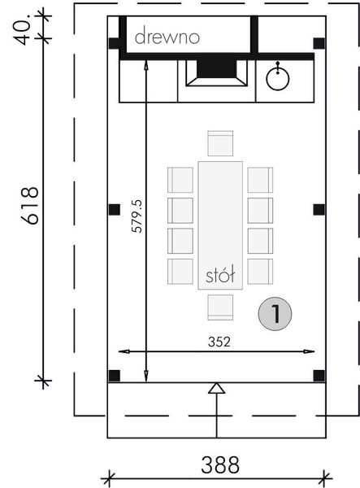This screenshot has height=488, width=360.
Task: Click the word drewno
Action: (167, 37)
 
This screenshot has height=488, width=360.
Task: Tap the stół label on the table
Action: (220, 277)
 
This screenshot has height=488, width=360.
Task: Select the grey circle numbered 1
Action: (276, 313)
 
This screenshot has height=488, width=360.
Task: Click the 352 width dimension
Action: (218, 342)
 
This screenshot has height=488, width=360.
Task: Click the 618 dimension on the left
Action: (30, 207)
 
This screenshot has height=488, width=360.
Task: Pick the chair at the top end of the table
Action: (220, 144)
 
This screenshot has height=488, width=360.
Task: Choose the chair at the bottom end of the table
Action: (220, 307)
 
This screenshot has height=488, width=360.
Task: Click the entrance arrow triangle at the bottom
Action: (215, 389)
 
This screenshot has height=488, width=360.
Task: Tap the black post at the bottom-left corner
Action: (115, 375)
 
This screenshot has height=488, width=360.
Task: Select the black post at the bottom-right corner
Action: (319, 375)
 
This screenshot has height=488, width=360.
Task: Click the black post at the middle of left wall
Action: (115, 210)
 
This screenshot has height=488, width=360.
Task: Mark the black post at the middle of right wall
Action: (319, 210)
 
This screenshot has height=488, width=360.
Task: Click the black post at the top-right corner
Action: (319, 43)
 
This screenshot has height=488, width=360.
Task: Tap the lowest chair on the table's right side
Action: (260, 271)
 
